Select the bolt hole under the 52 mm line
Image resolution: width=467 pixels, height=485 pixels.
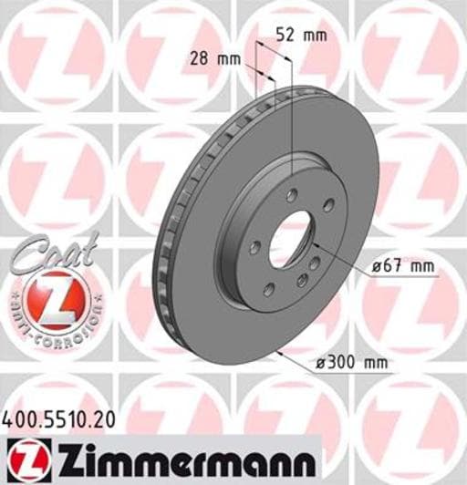pyautogui.click(x=292, y=194)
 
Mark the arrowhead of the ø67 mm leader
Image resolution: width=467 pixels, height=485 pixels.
pyautogui.click(x=314, y=246)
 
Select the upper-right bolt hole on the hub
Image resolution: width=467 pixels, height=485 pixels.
pyautogui.click(x=327, y=204)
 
